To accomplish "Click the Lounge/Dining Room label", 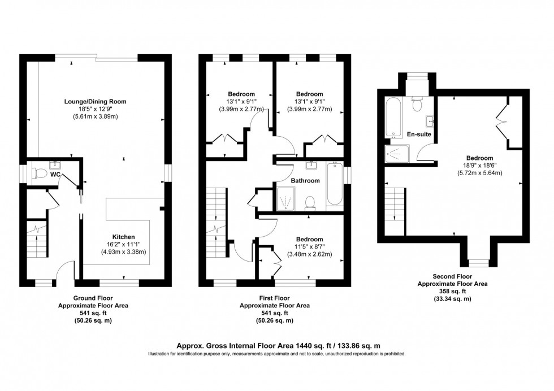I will coord(95,101).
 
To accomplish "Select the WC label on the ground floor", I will coord(55,175).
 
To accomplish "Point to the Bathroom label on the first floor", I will coord(305,181).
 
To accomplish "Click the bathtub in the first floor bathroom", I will coord(335,185).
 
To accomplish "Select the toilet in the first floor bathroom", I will coord(310,203).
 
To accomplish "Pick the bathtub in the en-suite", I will coord(393,118).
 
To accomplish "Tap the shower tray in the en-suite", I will coord(399,153).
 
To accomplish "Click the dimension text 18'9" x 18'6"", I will coord(479,166).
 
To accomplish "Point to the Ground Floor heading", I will coord(93,298).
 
